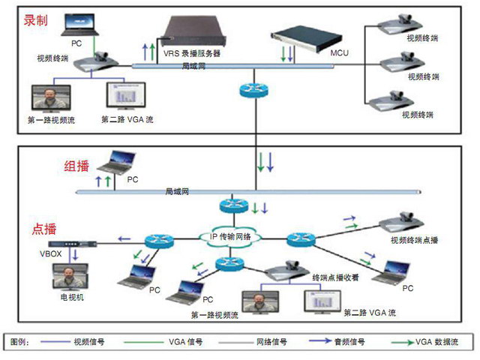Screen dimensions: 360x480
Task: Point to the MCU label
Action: pos(340,54)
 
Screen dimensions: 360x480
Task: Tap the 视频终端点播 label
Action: pos(414,241)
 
